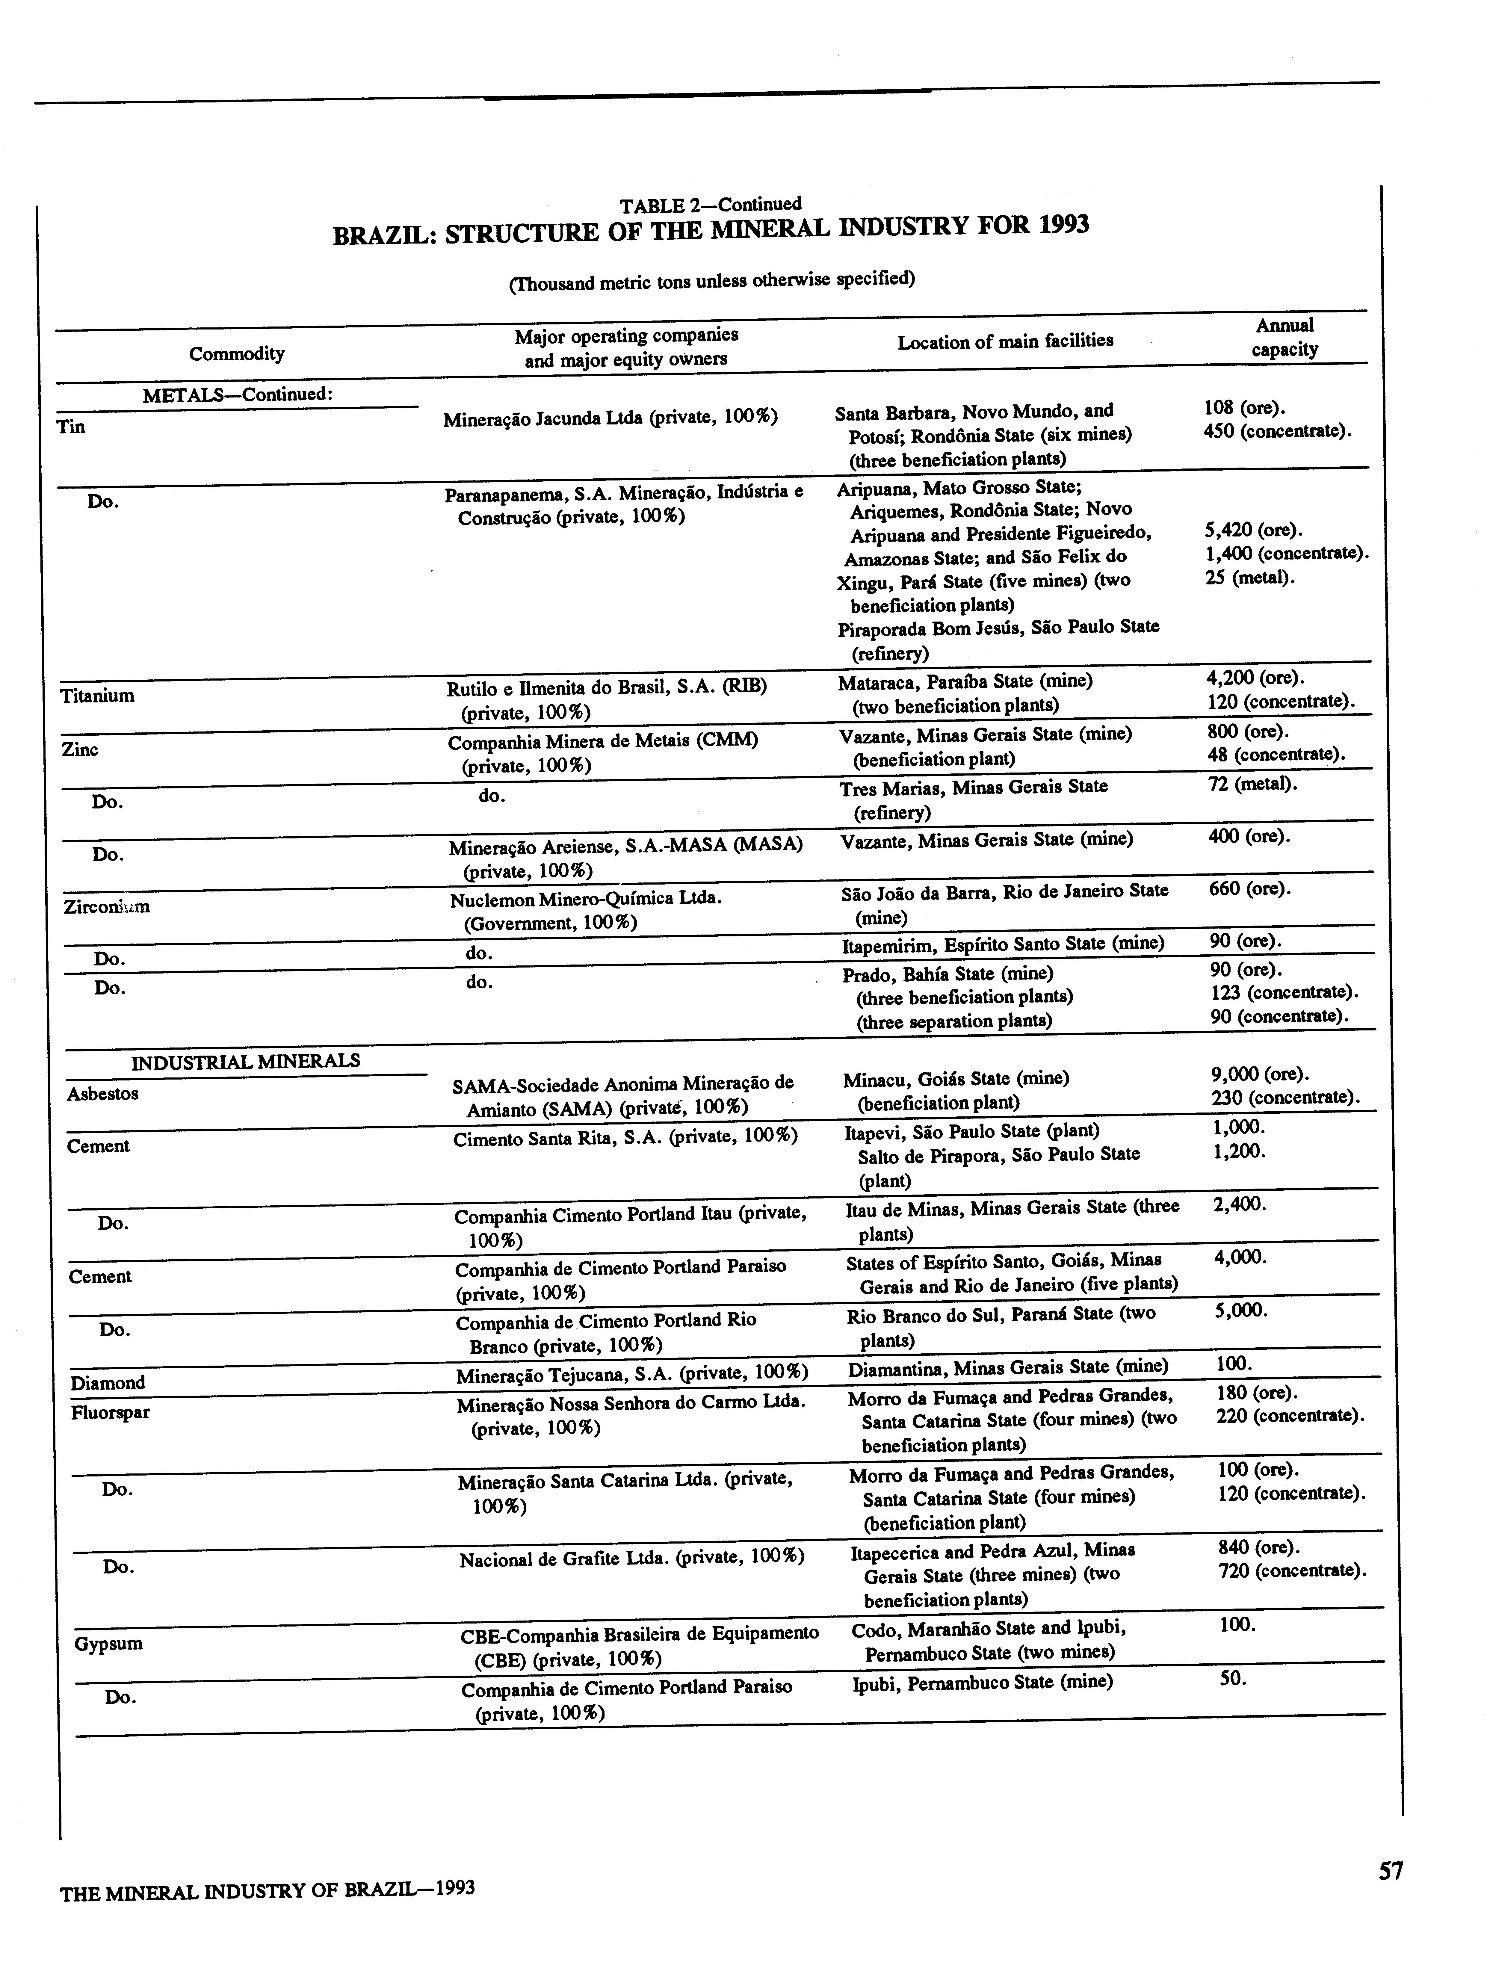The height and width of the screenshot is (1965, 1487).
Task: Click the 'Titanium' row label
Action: pos(98,696)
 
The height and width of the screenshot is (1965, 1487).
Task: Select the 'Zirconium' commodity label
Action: pos(107,907)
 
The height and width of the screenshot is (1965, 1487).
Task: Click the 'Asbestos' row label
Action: pos(102,1094)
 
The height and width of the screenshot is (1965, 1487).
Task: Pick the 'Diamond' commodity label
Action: pos(108,1382)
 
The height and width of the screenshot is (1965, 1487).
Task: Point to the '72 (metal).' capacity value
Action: pos(1252,785)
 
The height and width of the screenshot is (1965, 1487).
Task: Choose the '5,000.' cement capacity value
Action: pos(1240,1310)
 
